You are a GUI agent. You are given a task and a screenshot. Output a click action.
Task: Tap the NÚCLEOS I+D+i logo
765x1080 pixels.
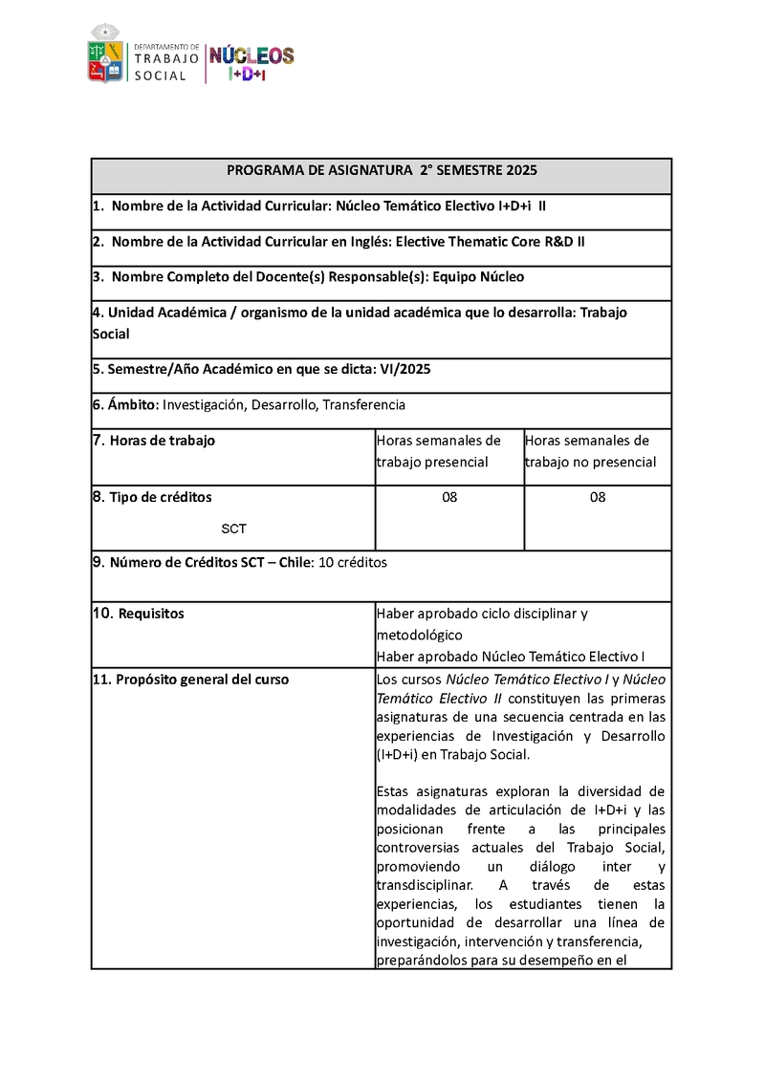(251, 62)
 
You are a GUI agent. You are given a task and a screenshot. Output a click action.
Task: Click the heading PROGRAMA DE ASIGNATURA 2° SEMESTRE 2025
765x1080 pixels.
(382, 171)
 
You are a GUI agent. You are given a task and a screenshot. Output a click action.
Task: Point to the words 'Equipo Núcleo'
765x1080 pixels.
(478, 277)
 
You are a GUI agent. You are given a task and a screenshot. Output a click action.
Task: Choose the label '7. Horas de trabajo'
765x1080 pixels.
(154, 441)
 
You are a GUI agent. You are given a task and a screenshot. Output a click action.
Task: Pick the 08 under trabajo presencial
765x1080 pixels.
(449, 497)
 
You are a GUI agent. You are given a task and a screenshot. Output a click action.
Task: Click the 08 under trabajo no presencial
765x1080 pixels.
(598, 497)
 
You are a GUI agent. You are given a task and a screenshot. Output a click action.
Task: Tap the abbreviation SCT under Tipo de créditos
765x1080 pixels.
(233, 529)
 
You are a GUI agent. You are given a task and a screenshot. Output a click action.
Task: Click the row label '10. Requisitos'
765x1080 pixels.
(139, 614)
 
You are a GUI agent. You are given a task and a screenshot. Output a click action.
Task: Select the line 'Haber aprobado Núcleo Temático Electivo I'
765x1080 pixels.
(511, 657)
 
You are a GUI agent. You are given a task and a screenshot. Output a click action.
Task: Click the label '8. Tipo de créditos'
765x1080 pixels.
(152, 497)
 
